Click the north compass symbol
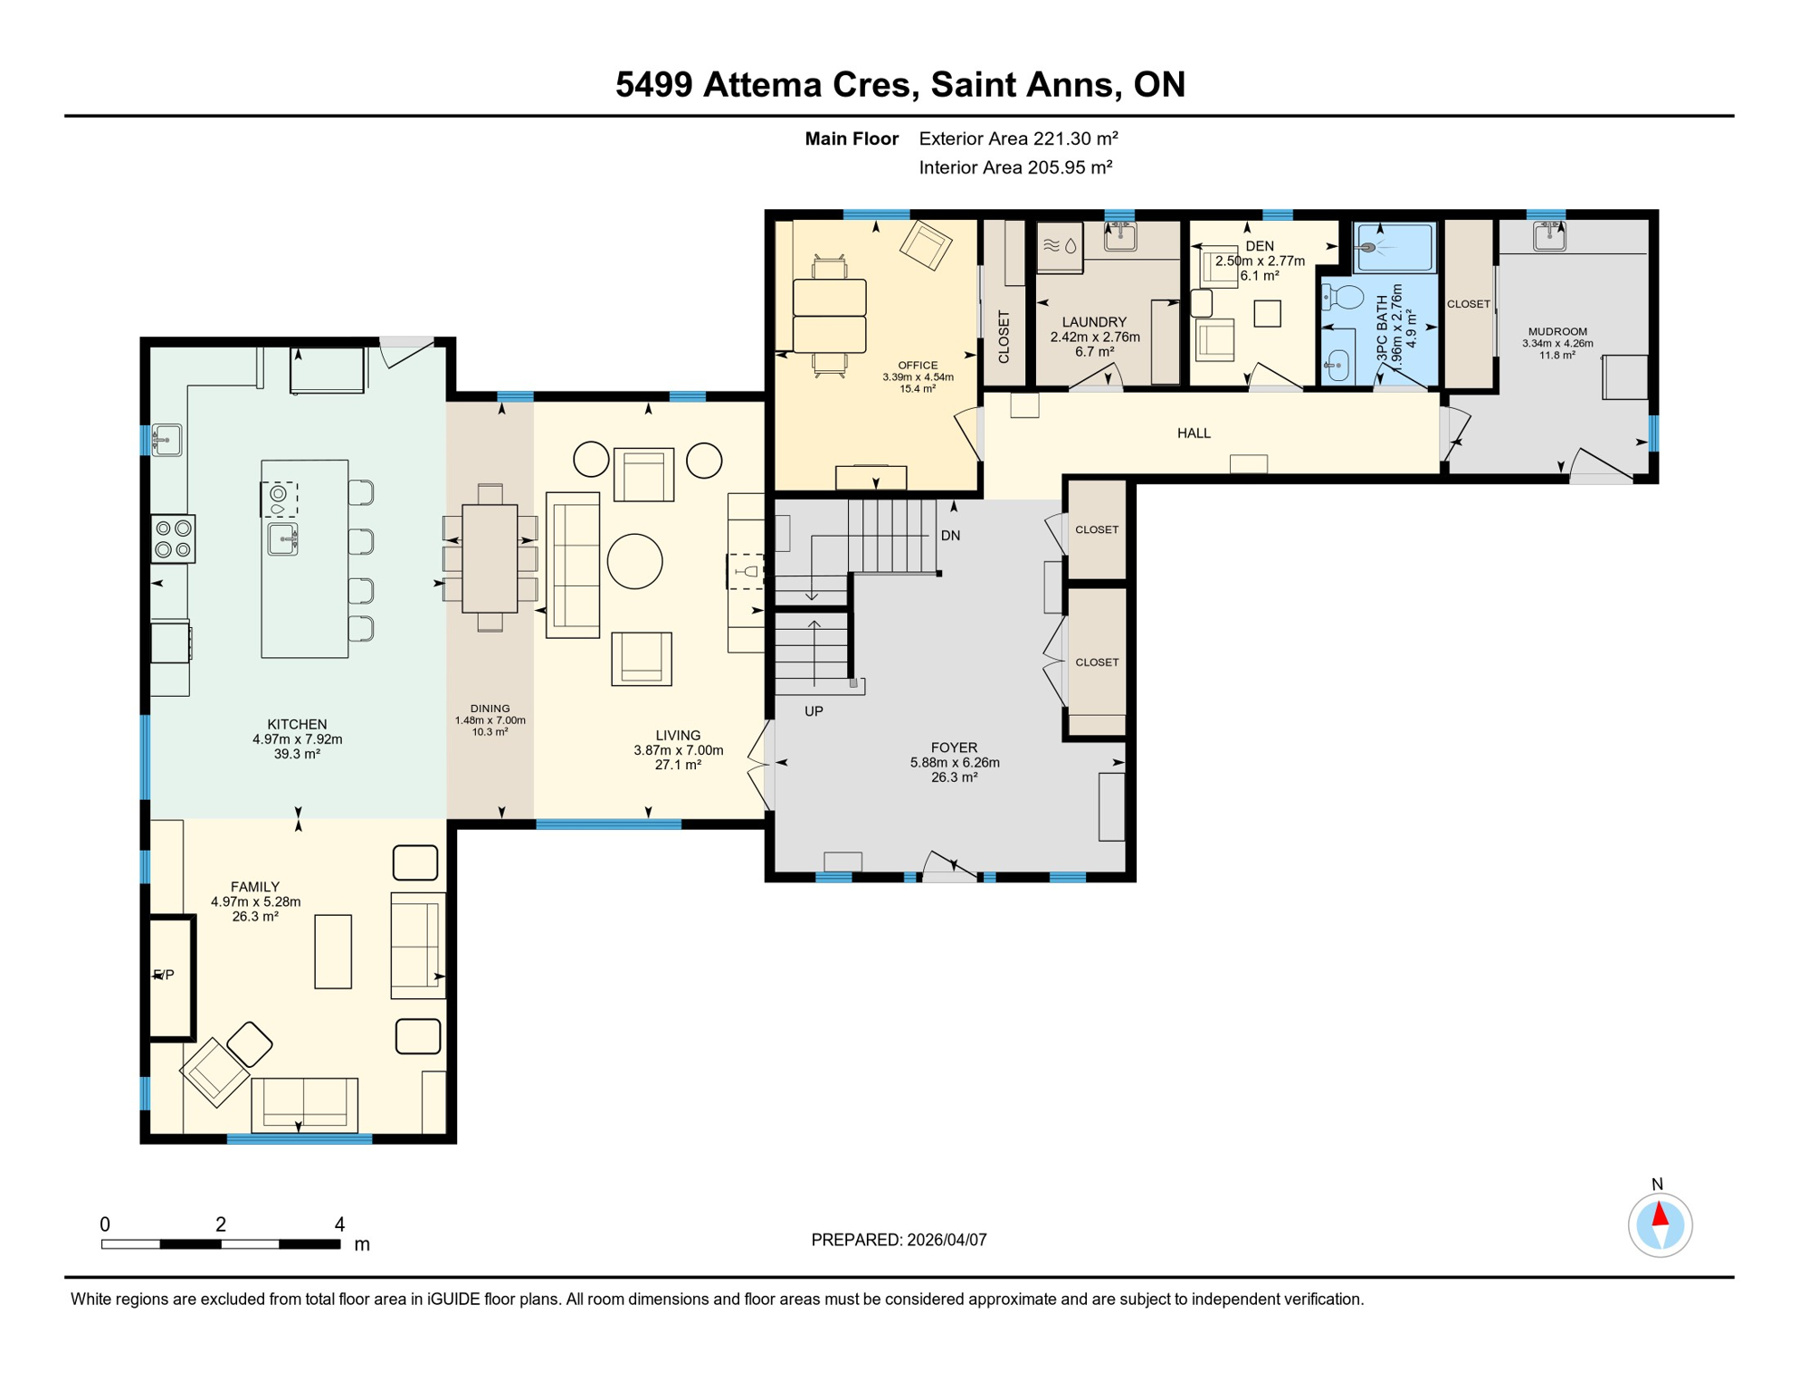click(1660, 1224)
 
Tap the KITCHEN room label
click(297, 724)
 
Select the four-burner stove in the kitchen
click(173, 538)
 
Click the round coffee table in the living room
click(634, 561)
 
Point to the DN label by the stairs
click(950, 536)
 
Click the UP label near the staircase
click(814, 711)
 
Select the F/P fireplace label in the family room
click(164, 975)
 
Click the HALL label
click(1194, 433)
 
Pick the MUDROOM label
click(1557, 331)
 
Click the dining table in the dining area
click(490, 557)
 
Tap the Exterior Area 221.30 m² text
click(1018, 138)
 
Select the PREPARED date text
click(899, 1240)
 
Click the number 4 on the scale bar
click(339, 1224)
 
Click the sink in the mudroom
click(1549, 235)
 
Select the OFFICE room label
click(918, 366)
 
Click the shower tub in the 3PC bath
click(1394, 246)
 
